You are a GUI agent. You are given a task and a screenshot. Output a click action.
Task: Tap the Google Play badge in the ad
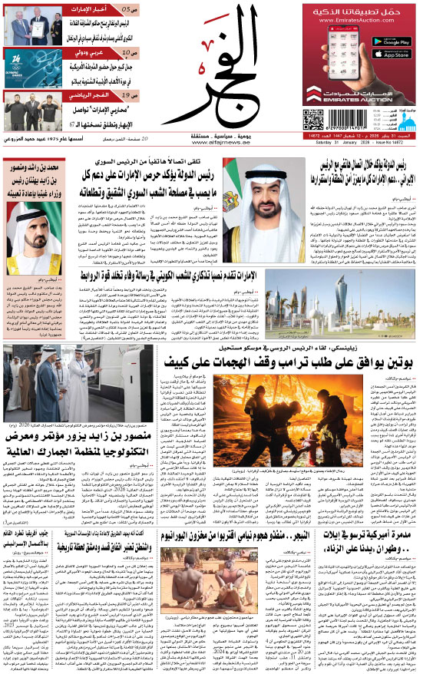tap(391, 38)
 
